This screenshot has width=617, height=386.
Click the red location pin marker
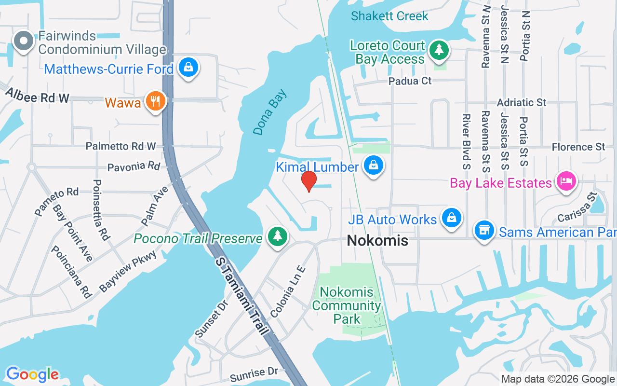click(308, 181)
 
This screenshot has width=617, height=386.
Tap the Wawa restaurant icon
click(155, 101)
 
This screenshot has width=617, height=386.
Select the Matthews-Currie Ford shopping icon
click(188, 68)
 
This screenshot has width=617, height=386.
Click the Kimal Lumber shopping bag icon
click(374, 166)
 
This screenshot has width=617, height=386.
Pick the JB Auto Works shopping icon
click(451, 218)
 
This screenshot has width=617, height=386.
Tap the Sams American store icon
click(483, 231)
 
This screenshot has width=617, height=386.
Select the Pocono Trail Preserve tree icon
click(277, 237)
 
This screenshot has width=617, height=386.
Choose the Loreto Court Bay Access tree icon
click(439, 50)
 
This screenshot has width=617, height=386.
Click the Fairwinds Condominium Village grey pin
click(23, 42)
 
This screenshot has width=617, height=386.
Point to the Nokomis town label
click(377, 240)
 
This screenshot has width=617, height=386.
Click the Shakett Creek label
click(389, 16)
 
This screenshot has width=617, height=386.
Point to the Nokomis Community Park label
click(347, 305)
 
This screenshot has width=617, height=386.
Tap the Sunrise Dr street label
click(254, 373)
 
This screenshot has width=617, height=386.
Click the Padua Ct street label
click(410, 81)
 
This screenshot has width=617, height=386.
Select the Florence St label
click(578, 147)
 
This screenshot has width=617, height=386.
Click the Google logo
click(32, 374)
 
